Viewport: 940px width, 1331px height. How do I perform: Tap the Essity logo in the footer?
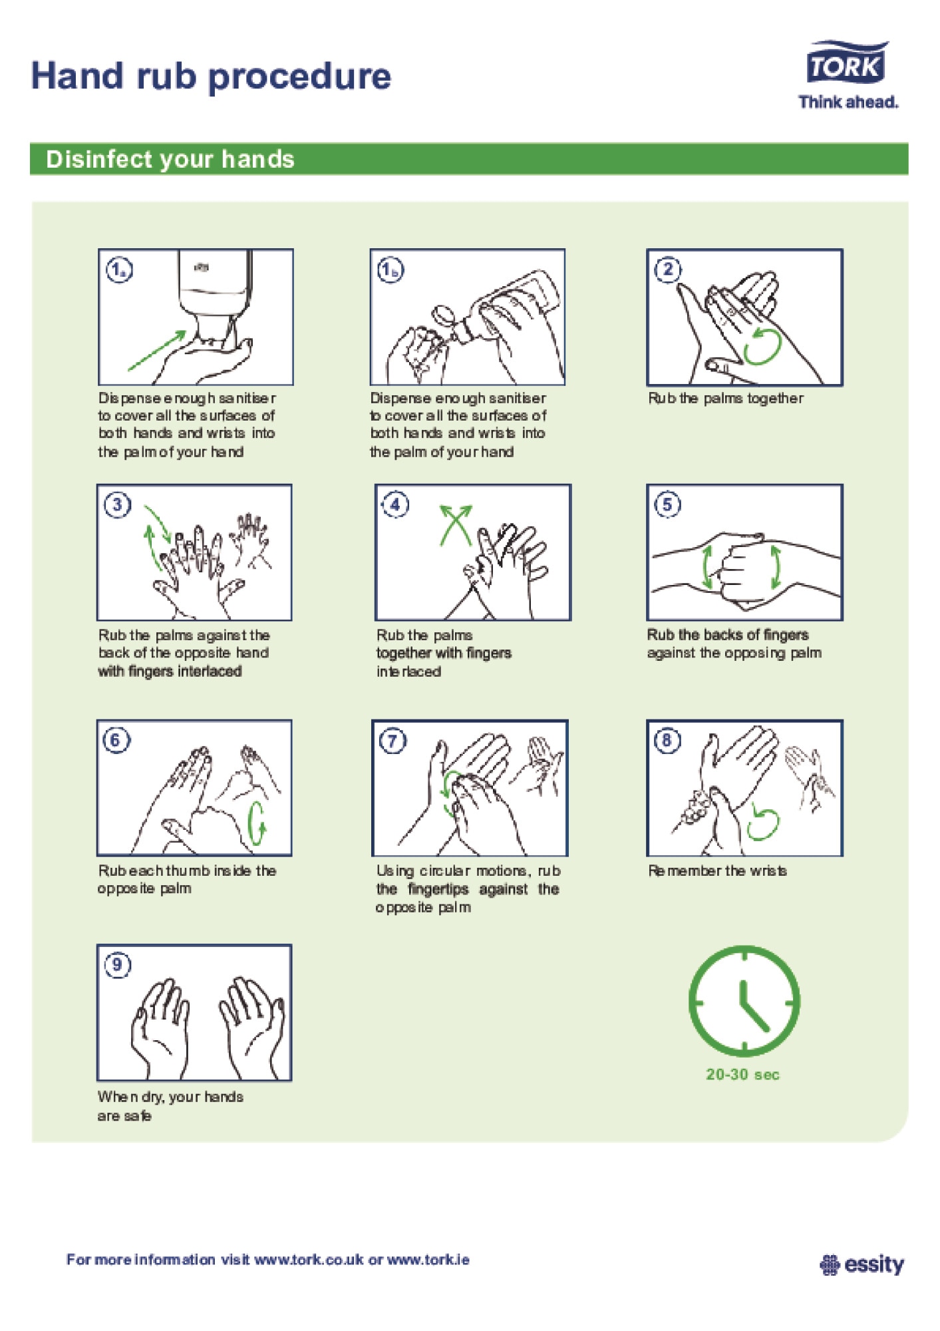click(862, 1264)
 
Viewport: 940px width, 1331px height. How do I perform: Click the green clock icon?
click(744, 1002)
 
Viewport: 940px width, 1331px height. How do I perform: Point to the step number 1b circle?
click(391, 270)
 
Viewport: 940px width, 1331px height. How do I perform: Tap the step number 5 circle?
click(667, 504)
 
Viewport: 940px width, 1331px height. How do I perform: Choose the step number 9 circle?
click(117, 965)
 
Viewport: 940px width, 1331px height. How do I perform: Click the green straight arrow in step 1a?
click(158, 350)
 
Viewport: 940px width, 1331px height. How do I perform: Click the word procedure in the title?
click(300, 77)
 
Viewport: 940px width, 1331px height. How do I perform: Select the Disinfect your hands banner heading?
click(170, 160)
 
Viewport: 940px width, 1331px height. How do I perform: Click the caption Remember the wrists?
click(717, 870)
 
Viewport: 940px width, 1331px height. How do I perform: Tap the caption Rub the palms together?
click(726, 398)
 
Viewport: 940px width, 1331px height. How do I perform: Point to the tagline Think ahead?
click(848, 102)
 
